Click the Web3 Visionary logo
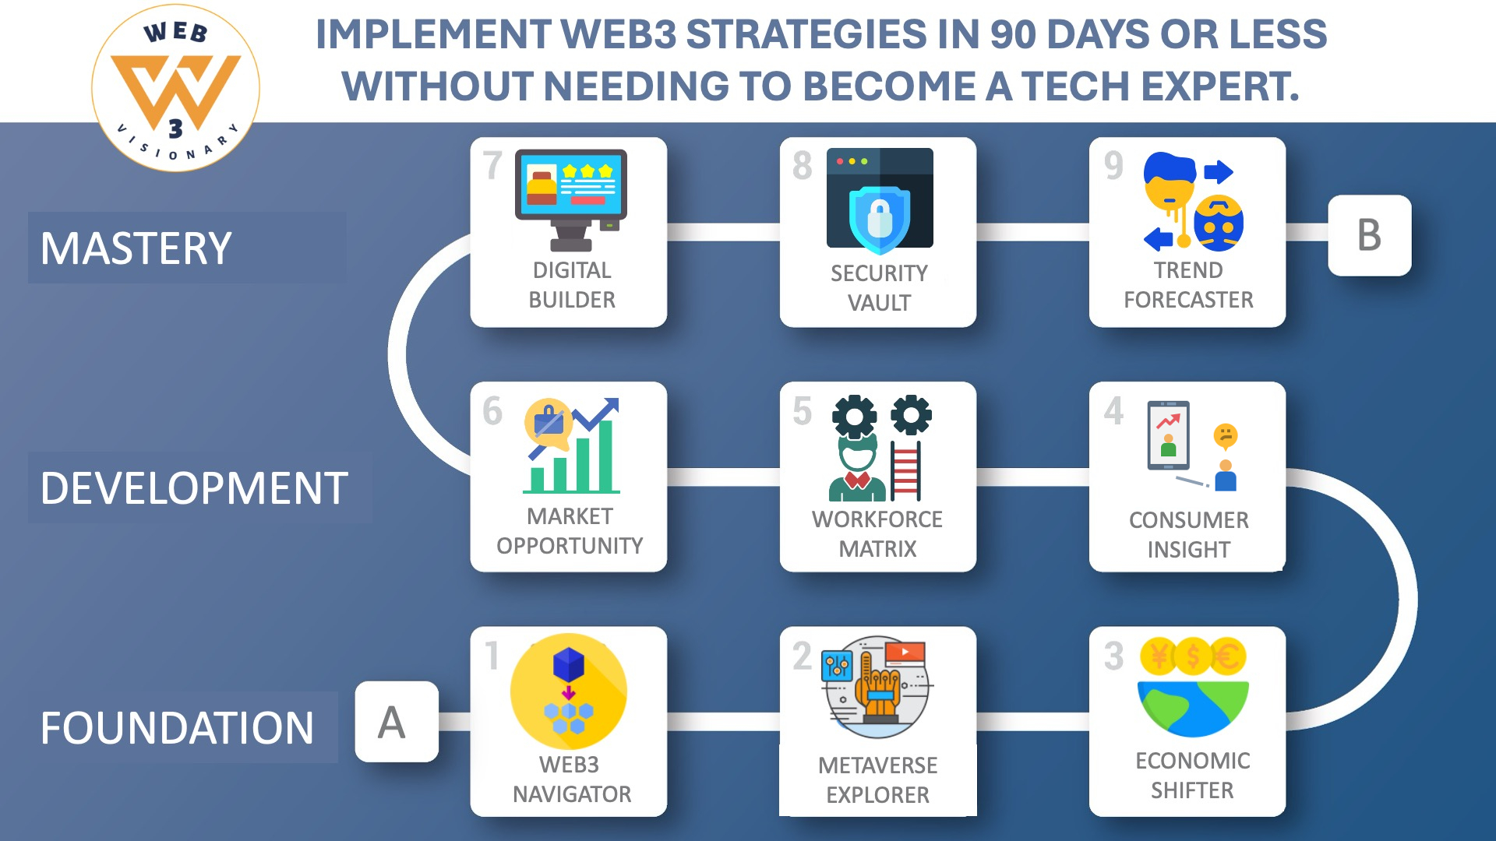click(175, 88)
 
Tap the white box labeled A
click(397, 721)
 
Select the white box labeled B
click(1369, 235)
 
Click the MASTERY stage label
click(136, 248)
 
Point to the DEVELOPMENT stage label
click(194, 488)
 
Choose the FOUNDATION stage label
click(177, 728)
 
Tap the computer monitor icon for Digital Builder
click(571, 199)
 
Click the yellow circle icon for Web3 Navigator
click(569, 691)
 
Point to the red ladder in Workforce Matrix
click(905, 470)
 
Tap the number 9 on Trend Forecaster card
click(1113, 165)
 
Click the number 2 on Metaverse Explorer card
click(803, 656)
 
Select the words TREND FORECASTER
click(1188, 285)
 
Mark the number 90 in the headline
click(1012, 34)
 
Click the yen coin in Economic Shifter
click(1159, 656)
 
